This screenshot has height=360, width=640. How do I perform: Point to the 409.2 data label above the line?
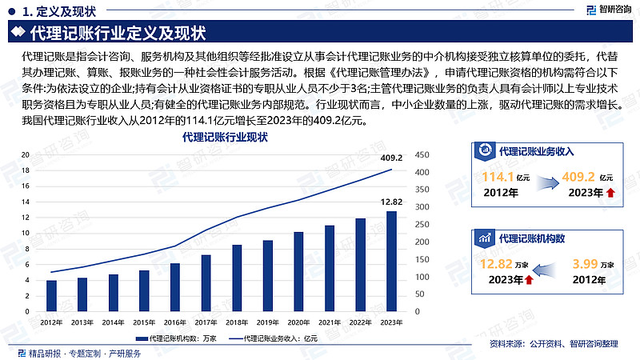point(390,158)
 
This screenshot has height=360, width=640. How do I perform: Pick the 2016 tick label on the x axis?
point(174,322)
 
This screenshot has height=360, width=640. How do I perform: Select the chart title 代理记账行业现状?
point(225,138)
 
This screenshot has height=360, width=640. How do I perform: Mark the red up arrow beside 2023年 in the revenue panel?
point(611,193)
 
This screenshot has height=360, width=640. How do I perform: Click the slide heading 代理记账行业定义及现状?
point(118,34)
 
